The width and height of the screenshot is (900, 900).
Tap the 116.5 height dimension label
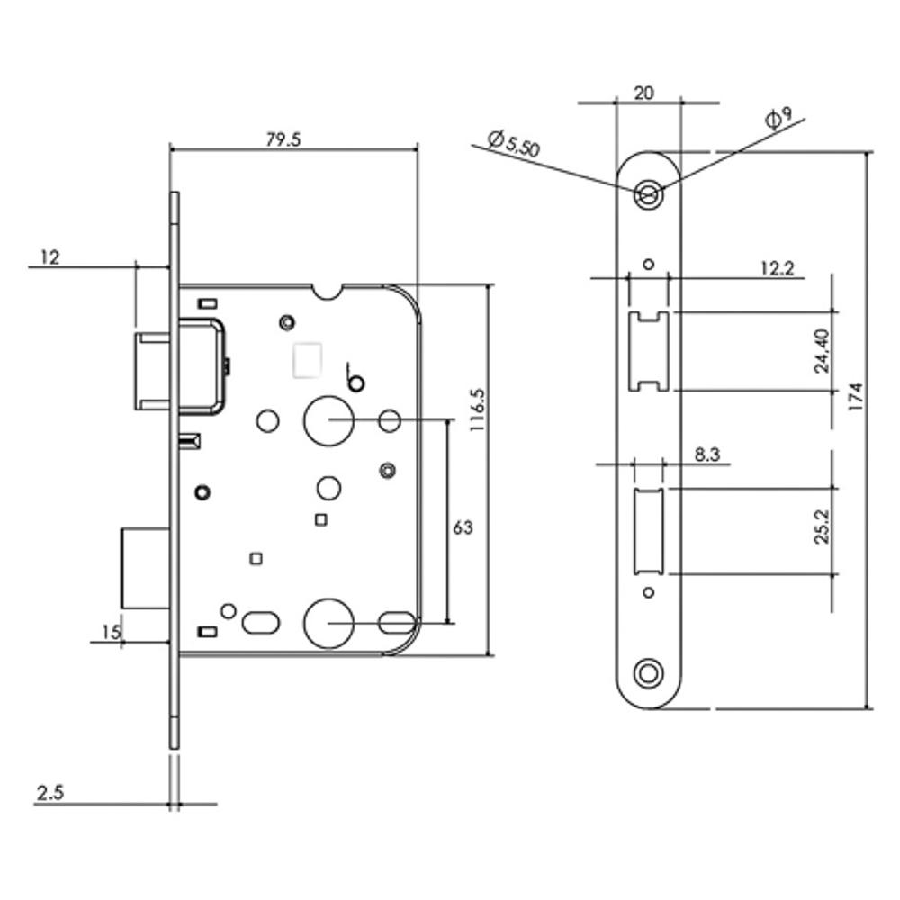pyautogui.click(x=477, y=409)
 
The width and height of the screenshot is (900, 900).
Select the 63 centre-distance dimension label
pyautogui.click(x=463, y=527)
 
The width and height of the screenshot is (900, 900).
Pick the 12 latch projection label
pyautogui.click(x=49, y=257)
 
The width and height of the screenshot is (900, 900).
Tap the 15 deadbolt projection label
pyautogui.click(x=111, y=633)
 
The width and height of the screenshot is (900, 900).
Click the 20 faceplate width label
pyautogui.click(x=643, y=92)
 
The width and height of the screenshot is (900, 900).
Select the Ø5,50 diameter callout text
pyautogui.click(x=513, y=144)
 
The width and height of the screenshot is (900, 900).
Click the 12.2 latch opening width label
pyautogui.click(x=777, y=267)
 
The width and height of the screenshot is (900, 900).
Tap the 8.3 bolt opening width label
pyautogui.click(x=708, y=456)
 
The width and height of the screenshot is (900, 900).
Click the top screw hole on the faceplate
pyautogui.click(x=647, y=193)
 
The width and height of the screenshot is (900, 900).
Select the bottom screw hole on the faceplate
pyautogui.click(x=647, y=672)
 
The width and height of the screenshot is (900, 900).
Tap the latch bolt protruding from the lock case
pyautogui.click(x=152, y=371)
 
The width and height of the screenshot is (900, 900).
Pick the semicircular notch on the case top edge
pyautogui.click(x=328, y=292)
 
